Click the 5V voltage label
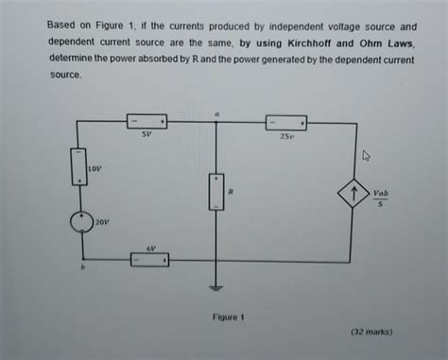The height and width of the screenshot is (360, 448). (146, 135)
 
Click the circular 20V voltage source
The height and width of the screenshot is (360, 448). (83, 222)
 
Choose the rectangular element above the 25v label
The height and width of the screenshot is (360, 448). (285, 122)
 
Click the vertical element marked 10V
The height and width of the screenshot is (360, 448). (83, 168)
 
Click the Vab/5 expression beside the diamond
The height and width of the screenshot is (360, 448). (380, 196)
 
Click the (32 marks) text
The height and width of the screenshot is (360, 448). (370, 333)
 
